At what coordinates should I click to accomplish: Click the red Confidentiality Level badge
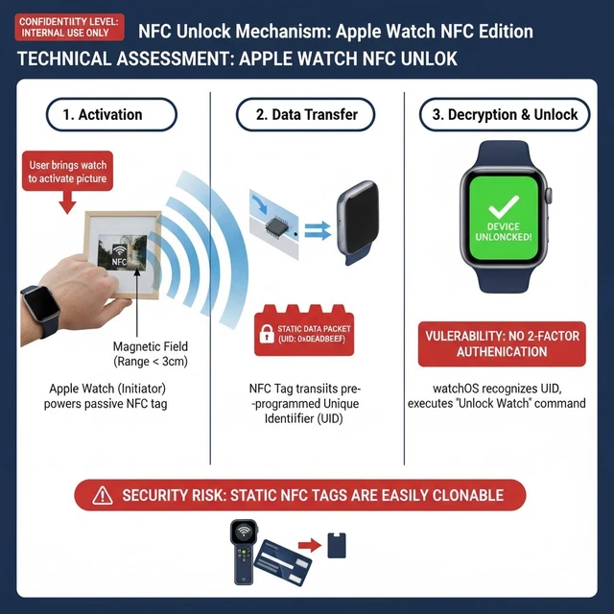66,26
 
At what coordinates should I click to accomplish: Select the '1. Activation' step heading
111,114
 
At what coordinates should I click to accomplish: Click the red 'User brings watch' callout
67,172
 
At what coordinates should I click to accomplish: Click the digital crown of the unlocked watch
549,197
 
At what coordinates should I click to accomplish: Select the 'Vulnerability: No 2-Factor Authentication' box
500,343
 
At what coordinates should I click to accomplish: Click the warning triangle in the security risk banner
102,495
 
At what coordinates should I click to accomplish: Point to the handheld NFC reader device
244,551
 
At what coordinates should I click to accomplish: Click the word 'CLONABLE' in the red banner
457,495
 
